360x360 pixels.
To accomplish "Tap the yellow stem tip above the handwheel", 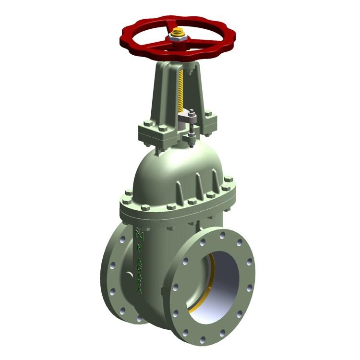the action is [x=177, y=32].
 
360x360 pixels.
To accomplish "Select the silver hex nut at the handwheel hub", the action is [x=178, y=36].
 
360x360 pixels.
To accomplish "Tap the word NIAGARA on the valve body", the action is [x=139, y=268].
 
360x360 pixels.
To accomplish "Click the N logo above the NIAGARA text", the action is [x=139, y=235].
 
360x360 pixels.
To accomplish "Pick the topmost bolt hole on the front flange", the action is [x=222, y=235].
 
